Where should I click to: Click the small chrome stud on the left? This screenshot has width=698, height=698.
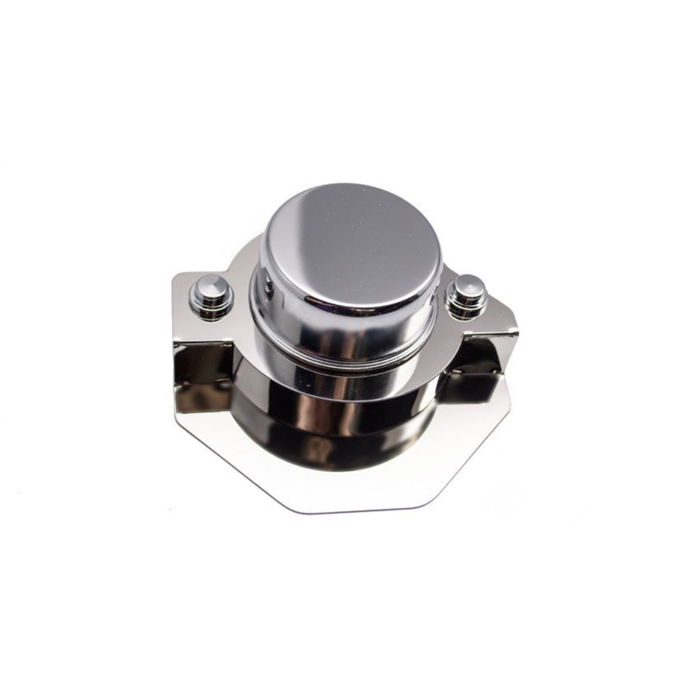click(x=211, y=296)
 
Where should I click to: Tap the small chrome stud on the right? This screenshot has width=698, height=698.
click(x=468, y=295)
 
